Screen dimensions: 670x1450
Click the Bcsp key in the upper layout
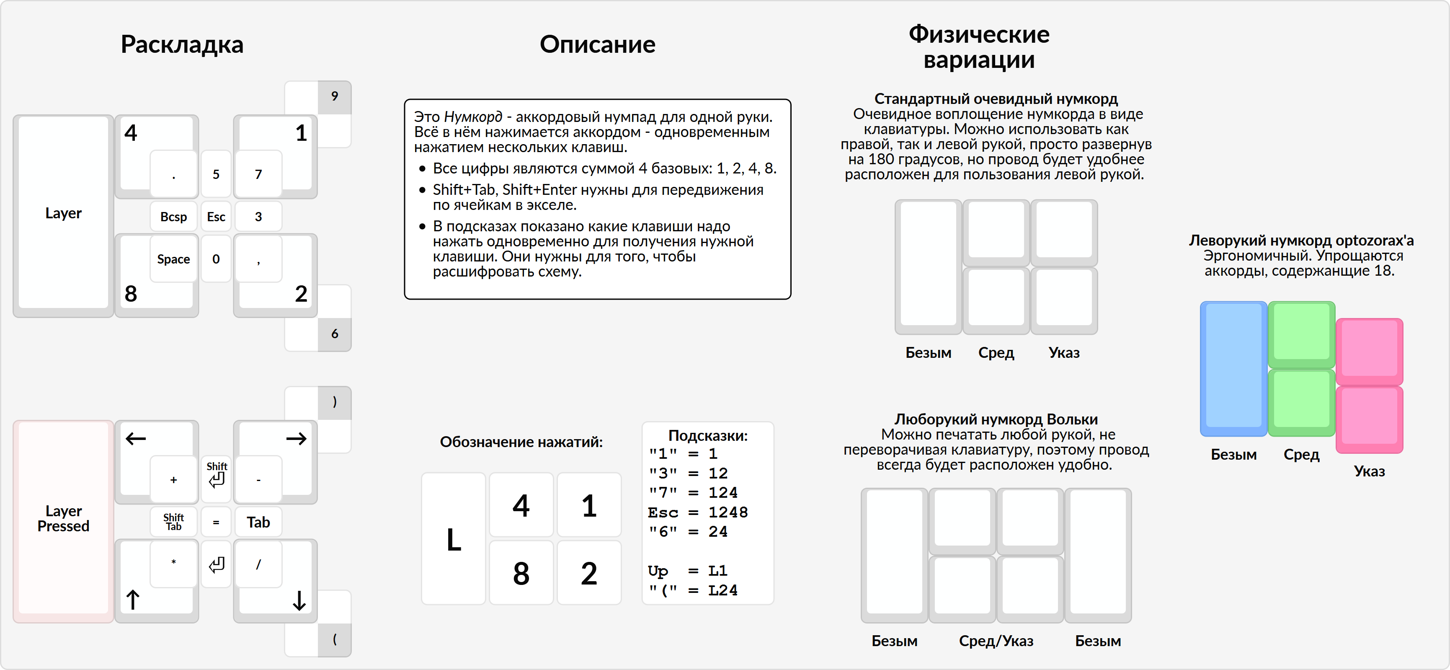[x=173, y=217]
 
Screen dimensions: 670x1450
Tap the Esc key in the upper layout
[x=216, y=217]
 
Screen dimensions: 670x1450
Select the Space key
[x=173, y=259]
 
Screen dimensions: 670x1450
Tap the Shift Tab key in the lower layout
[x=173, y=522]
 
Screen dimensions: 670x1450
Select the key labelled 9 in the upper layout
[x=334, y=96]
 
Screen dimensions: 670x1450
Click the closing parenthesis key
[x=334, y=402]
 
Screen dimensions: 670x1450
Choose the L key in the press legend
[x=454, y=539]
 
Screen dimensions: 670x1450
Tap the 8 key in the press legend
[x=521, y=573]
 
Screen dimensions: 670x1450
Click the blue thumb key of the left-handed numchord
[x=1233, y=369]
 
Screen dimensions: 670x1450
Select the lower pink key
[x=1369, y=419]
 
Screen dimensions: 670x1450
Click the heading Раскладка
[x=182, y=44]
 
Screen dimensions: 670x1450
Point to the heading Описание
[x=597, y=44]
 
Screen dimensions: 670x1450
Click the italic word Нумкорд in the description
[x=473, y=116]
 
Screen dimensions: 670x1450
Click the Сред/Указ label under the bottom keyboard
[x=996, y=641]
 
